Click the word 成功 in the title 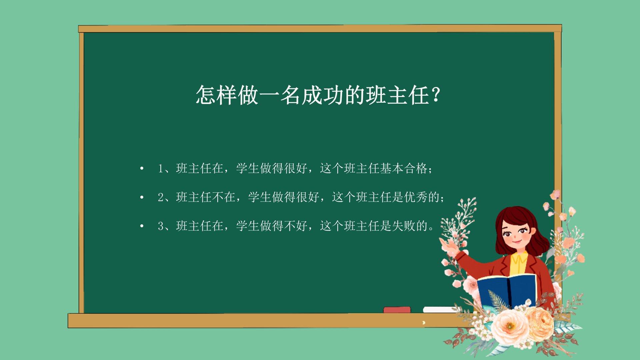(x=323, y=95)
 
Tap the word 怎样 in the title (x=216, y=95)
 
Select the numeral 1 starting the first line (x=160, y=168)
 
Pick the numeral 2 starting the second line (x=160, y=197)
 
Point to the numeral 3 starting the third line (x=160, y=226)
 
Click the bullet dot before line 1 (x=142, y=168)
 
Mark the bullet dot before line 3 (x=142, y=226)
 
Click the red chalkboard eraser (x=397, y=310)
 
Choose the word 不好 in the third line (x=296, y=226)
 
